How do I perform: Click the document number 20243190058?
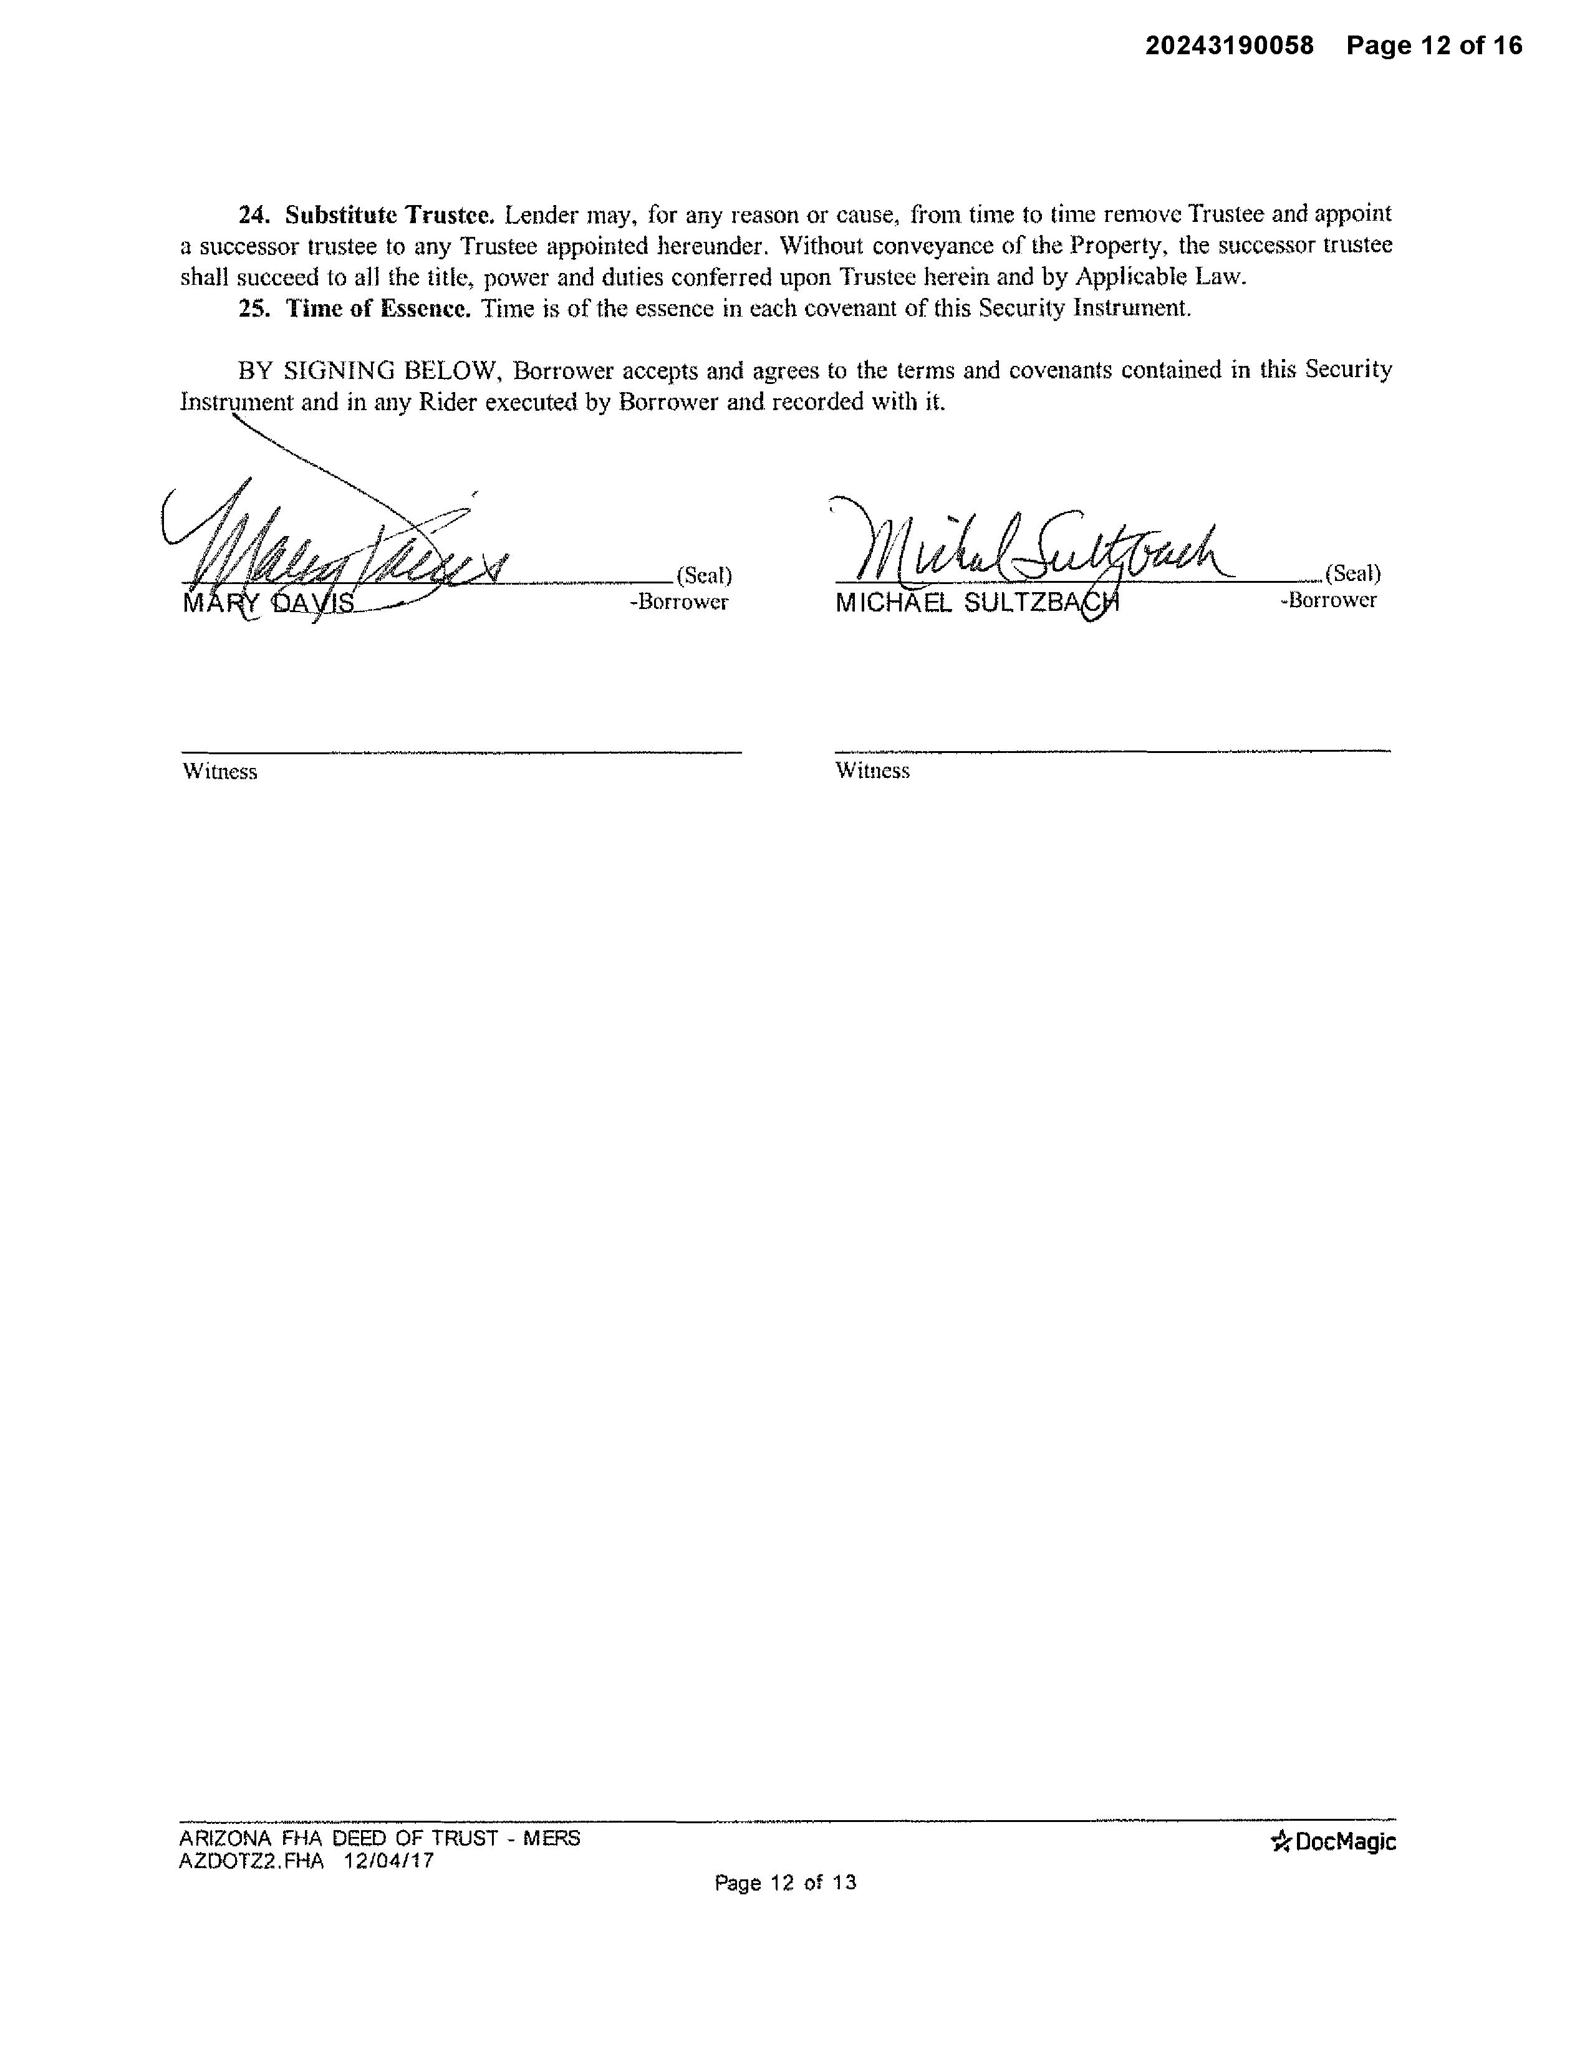[1228, 46]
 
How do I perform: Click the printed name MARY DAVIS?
[269, 603]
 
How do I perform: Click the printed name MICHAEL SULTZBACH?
[977, 603]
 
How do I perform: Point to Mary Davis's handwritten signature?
[339, 546]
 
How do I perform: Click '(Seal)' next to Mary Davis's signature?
[703, 575]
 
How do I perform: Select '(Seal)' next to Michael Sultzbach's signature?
[1352, 573]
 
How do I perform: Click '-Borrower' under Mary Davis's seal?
[678, 602]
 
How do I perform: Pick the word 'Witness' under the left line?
[219, 772]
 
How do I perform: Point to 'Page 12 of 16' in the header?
[1433, 46]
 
